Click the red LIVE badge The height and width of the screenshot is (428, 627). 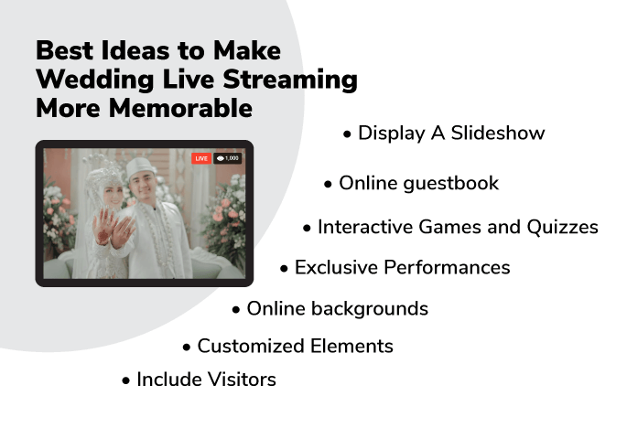coord(201,158)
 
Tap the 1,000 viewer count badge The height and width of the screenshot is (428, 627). coord(227,158)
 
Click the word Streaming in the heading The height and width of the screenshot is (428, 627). coord(290,80)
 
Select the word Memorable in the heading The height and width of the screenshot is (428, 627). coord(180,108)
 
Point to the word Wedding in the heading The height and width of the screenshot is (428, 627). coord(95,80)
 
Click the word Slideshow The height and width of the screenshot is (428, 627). coord(498,134)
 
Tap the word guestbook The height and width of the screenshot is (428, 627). coord(450,184)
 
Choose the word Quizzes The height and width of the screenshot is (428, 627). coord(562,227)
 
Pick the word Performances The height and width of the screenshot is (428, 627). coord(447,267)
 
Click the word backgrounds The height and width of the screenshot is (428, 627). coord(370,309)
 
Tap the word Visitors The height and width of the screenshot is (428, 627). coord(242,380)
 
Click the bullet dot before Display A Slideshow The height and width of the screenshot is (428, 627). coord(347,134)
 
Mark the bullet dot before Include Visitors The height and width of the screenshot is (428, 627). coord(126,380)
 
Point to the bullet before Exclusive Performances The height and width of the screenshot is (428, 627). coord(284,269)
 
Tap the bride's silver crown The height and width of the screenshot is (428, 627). coord(104,170)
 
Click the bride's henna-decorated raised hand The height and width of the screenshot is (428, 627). coord(105,226)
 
